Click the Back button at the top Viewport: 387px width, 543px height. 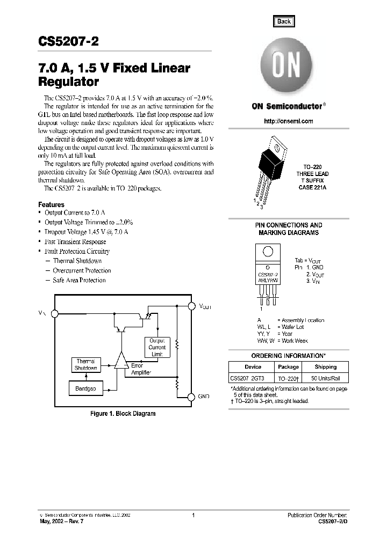pos(284,21)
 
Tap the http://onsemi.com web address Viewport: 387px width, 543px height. pos(288,121)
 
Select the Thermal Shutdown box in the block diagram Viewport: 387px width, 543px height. pos(85,365)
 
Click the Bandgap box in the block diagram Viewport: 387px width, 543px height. pos(85,388)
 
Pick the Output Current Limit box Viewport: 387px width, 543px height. pos(157,348)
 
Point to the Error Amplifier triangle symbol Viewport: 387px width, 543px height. pos(120,361)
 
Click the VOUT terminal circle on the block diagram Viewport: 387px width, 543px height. pos(191,306)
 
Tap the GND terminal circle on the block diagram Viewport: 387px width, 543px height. pos(191,397)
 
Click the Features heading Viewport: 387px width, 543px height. pos(51,204)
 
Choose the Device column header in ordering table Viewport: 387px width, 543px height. pos(253,367)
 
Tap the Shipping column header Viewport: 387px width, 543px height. pos(325,367)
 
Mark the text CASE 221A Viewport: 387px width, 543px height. pos(312,188)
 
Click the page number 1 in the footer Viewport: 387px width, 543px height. pos(193,515)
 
